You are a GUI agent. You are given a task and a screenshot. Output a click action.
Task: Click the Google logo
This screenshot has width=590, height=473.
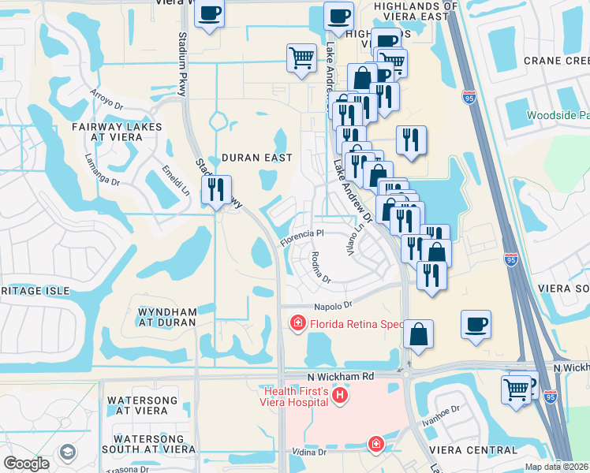coord(26,464)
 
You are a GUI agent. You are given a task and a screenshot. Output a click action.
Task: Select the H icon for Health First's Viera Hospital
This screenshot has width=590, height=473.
coord(340,394)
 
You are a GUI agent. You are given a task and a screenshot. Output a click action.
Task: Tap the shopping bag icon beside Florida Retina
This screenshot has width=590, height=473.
coord(419,333)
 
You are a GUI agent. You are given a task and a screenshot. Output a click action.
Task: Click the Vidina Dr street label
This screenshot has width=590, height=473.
coord(309,453)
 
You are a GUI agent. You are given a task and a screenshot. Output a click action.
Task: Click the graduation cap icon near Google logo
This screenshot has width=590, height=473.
coord(67,453)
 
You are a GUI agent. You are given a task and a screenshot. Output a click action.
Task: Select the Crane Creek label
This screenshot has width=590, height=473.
coord(556,61)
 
